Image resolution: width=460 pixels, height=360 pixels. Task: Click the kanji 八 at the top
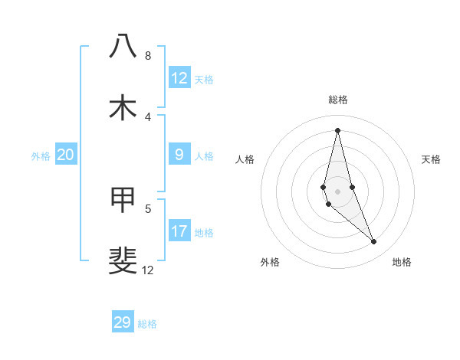tap(123, 46)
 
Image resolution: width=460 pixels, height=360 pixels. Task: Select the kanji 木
tap(123, 108)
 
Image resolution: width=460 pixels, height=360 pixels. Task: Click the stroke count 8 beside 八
tap(147, 56)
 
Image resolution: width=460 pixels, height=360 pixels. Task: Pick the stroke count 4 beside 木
tap(147, 116)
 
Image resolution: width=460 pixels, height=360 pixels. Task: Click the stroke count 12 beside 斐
tap(147, 270)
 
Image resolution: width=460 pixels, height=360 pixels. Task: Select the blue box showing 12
tap(179, 78)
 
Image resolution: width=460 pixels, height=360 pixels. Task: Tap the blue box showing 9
tap(179, 155)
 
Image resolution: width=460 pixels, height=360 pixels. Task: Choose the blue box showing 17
tap(179, 231)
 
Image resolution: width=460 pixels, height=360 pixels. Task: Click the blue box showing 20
tap(66, 155)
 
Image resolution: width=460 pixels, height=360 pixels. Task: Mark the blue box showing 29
tap(123, 322)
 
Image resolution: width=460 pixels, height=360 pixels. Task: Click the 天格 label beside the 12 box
tap(204, 79)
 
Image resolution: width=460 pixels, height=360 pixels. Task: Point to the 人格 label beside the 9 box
tap(204, 156)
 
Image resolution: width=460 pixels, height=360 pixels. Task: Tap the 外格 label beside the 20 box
tap(41, 156)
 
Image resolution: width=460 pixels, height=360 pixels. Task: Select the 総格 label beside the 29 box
tap(147, 324)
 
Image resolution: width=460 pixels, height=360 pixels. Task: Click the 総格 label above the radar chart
tap(338, 100)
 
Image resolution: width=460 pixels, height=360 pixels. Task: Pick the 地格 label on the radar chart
tap(402, 262)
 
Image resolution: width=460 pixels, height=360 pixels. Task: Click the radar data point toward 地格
tap(374, 242)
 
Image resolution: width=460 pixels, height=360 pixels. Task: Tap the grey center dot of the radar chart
tap(337, 191)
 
